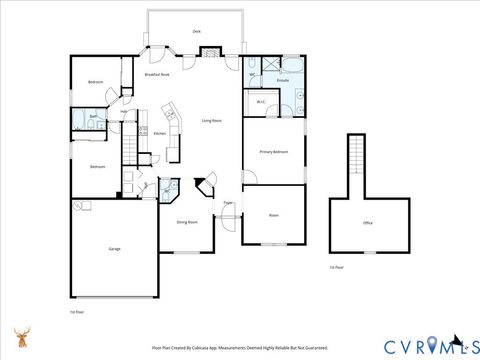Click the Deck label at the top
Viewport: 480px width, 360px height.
coord(196,31)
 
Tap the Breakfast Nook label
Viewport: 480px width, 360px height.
coord(155,75)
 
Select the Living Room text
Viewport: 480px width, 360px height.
coord(211,120)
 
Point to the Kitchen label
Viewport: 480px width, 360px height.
coord(159,133)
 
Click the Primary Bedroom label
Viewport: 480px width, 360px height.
coord(274,152)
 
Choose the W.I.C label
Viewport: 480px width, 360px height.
coord(260,102)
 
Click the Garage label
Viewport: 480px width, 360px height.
coord(114,248)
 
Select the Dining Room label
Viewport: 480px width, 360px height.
coord(186,222)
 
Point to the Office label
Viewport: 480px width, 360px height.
coord(368,222)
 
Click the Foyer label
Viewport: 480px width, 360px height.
coord(228,203)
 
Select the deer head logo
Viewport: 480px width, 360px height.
coord(22,338)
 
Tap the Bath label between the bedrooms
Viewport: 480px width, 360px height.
coord(92,117)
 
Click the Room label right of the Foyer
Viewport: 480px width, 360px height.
coord(273,215)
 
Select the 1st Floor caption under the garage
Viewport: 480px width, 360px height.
coord(77,312)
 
